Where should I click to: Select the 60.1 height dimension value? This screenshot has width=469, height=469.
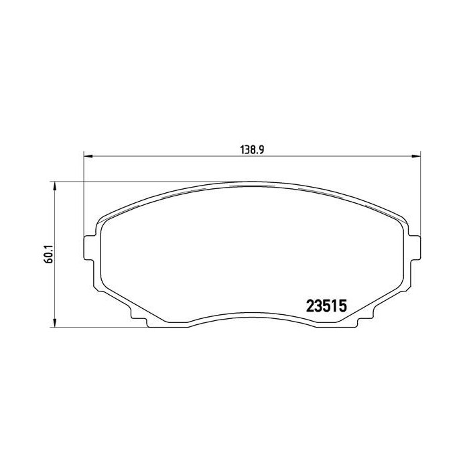[43, 255]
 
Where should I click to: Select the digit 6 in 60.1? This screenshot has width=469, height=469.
[43, 263]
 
